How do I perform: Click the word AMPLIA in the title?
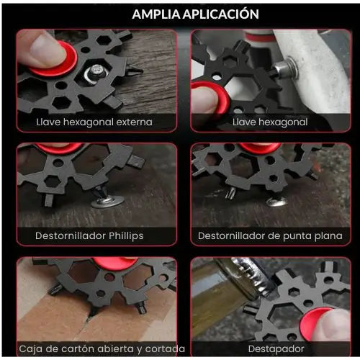[x=156, y=14]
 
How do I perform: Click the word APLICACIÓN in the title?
[x=221, y=14]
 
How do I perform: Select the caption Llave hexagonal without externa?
[x=270, y=122]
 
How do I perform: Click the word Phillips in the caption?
[x=126, y=236]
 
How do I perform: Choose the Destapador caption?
[x=276, y=349]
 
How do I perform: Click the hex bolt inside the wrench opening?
[x=96, y=73]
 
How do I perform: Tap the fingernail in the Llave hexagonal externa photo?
[x=45, y=46]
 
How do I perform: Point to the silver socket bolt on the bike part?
[x=286, y=68]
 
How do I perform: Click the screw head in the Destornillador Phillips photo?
[x=108, y=201]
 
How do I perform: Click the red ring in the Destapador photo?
[x=312, y=323]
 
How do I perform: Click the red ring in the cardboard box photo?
[x=115, y=263]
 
